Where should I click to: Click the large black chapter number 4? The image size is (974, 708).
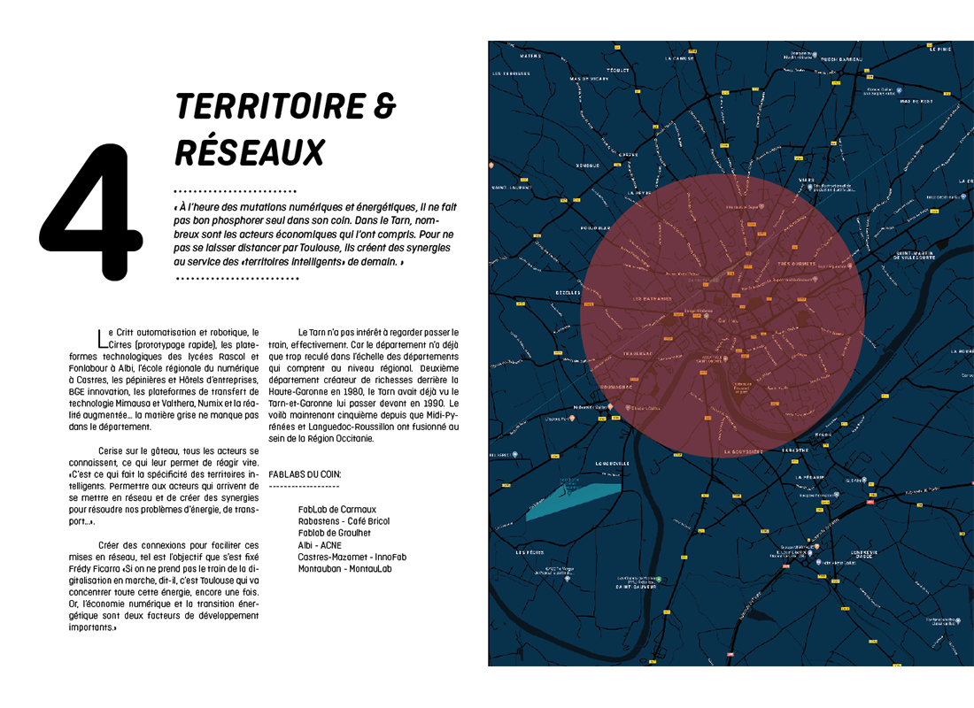point(91,212)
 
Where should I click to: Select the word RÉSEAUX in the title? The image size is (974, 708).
point(249,152)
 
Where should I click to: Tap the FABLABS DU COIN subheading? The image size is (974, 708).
point(304,473)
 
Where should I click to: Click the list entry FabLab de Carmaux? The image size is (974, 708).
point(337,510)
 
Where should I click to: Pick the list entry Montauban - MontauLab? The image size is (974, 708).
point(345,568)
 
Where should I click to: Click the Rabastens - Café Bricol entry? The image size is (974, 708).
point(344,521)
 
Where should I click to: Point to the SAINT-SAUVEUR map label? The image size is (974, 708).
point(635,586)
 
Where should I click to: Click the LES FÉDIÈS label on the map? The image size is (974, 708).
point(530,552)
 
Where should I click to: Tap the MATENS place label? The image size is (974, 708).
point(530,56)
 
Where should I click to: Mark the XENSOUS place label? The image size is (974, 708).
point(588,165)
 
